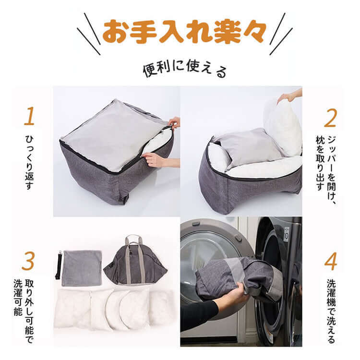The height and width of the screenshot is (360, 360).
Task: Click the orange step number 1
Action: click(29, 117)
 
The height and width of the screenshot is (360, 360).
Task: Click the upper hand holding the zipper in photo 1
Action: click(174, 122)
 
